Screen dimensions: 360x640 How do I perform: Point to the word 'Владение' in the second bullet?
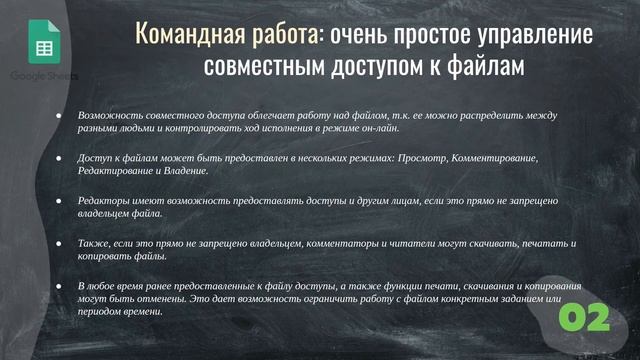coord(188,172)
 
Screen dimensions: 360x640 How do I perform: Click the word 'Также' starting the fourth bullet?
coord(93,244)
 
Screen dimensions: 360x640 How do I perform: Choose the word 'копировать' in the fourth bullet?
coord(103,258)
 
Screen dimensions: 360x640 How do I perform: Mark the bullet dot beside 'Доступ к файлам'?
coord(58,158)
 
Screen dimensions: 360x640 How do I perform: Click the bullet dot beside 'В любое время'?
coord(58,287)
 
